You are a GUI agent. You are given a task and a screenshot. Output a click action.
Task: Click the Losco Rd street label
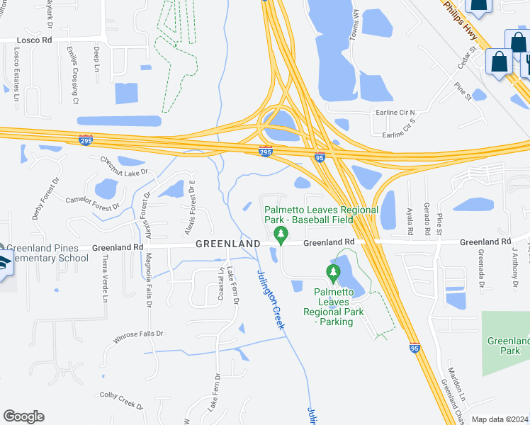pos(26,40)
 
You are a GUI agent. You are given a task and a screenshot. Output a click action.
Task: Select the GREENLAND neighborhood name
pos(227,244)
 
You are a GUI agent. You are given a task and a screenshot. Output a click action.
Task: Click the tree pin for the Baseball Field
pos(281,234)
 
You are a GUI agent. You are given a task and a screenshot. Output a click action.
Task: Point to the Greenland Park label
pos(507,346)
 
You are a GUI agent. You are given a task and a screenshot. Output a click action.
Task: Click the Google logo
pos(23,416)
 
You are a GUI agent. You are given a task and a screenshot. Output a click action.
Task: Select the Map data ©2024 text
pos(499,419)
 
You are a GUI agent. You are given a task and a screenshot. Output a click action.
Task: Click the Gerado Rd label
pos(427,221)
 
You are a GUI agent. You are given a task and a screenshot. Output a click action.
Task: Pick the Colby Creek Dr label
pos(121,399)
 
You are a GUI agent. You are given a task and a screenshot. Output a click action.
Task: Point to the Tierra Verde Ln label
pos(104,278)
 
